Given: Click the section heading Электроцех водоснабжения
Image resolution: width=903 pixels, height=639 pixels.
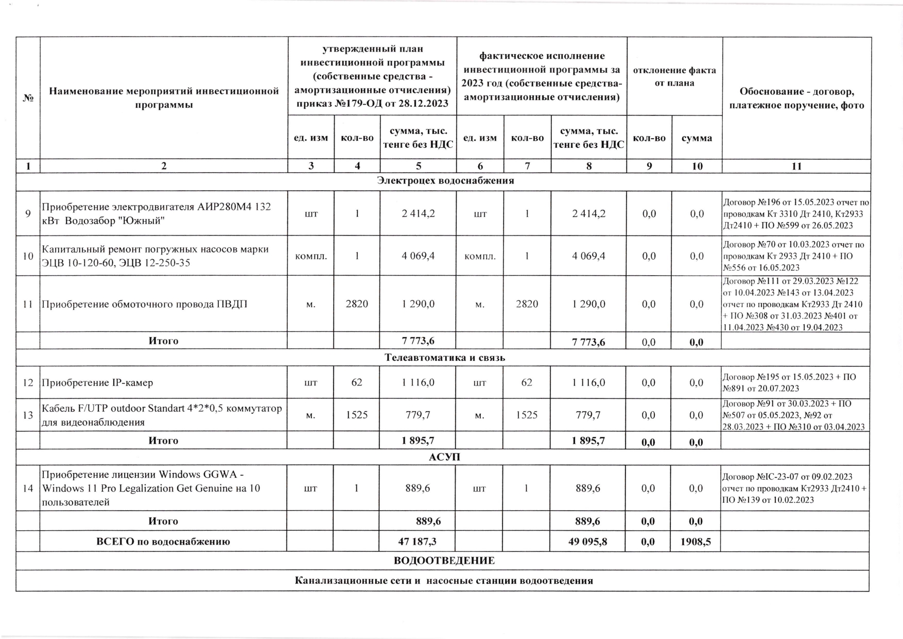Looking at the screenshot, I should click(x=445, y=181).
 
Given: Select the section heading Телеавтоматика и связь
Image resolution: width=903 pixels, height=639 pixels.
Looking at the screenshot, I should click(x=445, y=358).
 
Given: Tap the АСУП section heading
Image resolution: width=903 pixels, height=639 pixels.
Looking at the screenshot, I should click(x=444, y=457).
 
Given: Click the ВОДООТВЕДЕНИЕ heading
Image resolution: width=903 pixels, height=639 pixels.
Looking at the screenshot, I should click(x=444, y=561).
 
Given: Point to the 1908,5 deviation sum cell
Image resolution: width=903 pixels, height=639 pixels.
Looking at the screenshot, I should click(x=696, y=542).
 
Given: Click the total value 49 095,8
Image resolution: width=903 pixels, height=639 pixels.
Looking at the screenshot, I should click(x=588, y=542).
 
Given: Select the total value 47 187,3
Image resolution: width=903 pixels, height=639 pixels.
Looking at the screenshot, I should click(x=418, y=542).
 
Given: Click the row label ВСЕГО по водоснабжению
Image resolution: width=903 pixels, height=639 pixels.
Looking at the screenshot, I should click(x=163, y=542).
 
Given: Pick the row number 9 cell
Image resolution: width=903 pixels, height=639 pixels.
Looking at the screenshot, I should click(x=28, y=213).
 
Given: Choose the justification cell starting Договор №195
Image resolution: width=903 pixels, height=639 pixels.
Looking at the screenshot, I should click(x=795, y=382).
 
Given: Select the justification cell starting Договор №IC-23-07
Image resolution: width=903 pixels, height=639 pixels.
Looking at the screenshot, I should click(x=795, y=488).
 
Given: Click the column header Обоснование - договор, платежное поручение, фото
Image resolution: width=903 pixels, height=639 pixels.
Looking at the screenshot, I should click(x=796, y=98).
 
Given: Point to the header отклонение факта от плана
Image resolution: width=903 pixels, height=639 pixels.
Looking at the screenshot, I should click(x=674, y=76).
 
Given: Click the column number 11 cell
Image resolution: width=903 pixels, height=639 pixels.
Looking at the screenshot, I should click(x=796, y=166).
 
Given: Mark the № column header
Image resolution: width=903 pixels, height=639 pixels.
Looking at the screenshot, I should click(x=28, y=98).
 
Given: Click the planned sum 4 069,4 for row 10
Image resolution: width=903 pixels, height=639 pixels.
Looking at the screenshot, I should click(x=418, y=256).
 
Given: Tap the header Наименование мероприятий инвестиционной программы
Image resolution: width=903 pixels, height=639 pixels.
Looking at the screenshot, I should click(x=164, y=98).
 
